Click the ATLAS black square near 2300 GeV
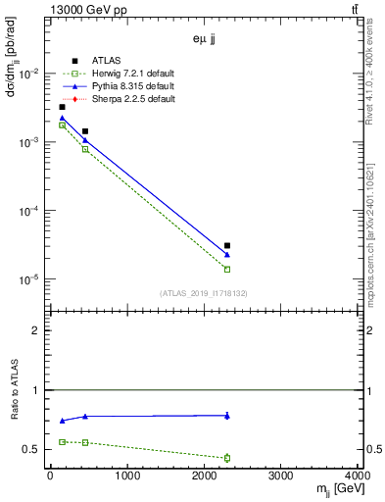point(227,246)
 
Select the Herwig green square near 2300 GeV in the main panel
point(227,270)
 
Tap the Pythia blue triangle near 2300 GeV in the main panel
point(227,255)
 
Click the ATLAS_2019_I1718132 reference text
point(204,293)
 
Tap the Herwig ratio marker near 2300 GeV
point(227,458)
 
